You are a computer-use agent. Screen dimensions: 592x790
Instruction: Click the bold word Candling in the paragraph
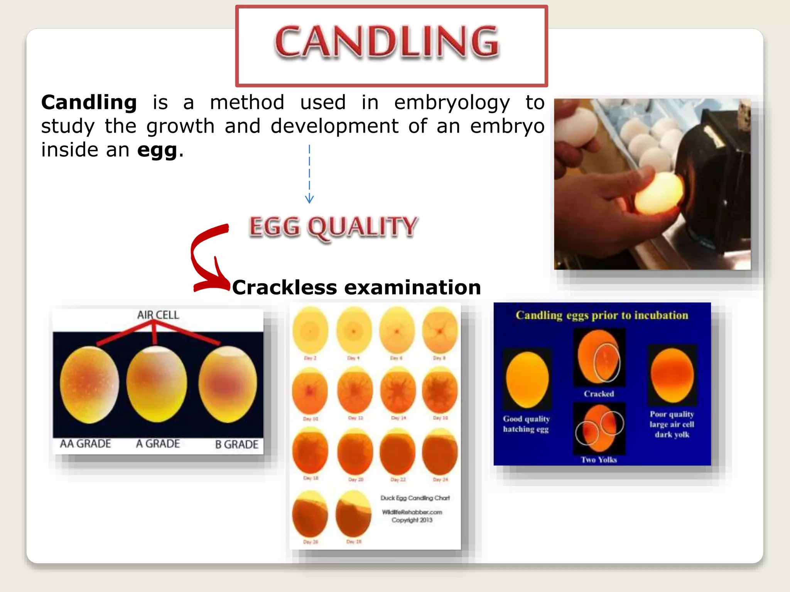[x=89, y=103]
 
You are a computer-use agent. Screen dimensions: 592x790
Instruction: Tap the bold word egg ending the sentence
[x=157, y=150]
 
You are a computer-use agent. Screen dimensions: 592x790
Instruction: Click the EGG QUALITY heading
[x=333, y=227]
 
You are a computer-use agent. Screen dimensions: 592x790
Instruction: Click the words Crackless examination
[x=356, y=288]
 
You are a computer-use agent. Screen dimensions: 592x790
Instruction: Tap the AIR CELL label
[x=158, y=315]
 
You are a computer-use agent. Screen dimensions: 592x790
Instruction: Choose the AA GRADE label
[x=85, y=444]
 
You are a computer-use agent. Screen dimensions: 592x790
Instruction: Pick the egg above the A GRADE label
[x=156, y=384]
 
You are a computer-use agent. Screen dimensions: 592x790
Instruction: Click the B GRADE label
[x=236, y=445]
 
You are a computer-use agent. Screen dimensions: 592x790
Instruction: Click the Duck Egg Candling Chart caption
[x=415, y=498]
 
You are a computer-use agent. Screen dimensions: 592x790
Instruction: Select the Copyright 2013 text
[x=412, y=520]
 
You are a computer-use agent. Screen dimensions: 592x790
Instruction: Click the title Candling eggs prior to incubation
[x=602, y=316]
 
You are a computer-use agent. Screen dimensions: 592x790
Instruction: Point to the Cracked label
[x=599, y=394]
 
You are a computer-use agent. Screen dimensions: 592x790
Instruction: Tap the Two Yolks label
[x=599, y=460]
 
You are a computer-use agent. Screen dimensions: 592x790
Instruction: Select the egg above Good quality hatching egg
[x=527, y=379]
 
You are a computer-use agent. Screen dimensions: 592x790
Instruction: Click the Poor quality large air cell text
[x=672, y=419]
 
